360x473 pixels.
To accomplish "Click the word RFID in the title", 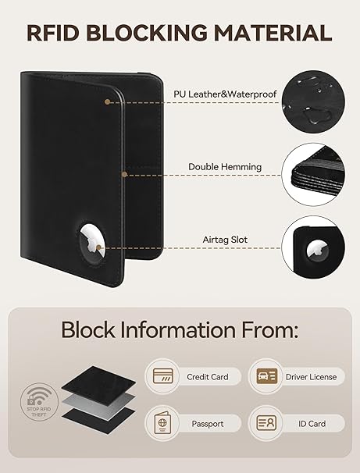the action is pos(53,33).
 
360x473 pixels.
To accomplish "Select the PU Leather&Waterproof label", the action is pos(225,94).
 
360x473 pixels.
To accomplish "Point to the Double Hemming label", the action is pos(225,167).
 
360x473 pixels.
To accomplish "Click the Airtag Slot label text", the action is pos(225,240).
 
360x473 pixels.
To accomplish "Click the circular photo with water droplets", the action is pos(313,101).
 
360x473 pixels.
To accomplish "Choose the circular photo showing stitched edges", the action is pos(313,174).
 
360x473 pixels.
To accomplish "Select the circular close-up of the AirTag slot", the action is pos(313,247).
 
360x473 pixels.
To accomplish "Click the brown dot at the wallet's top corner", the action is pos(107,102).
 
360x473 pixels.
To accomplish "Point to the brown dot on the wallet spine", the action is pos(124,174).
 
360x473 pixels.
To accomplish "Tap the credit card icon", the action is pos(162,376).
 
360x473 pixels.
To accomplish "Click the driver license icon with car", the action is pos(267,376).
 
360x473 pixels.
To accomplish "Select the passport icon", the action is pos(162,423).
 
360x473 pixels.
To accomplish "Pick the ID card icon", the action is pos(266,423).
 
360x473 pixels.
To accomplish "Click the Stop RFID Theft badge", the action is pos(39,401).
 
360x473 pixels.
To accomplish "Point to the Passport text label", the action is pos(208,424).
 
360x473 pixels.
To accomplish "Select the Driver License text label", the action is pos(311,377).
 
